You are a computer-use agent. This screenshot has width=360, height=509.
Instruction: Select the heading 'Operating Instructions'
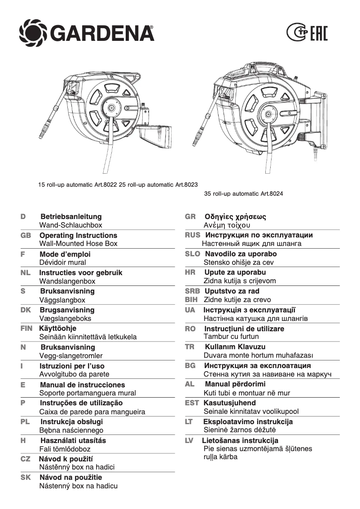click(x=78, y=235)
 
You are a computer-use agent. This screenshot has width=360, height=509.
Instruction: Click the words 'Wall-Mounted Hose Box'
click(x=78, y=243)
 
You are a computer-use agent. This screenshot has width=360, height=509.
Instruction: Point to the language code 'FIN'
click(x=26, y=328)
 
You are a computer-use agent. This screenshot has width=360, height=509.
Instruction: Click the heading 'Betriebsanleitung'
click(x=71, y=216)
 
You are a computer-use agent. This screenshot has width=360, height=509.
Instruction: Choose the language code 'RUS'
click(x=193, y=235)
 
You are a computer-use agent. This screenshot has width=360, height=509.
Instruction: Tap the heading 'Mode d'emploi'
click(x=65, y=254)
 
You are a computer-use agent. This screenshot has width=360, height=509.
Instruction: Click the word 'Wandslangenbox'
click(x=67, y=281)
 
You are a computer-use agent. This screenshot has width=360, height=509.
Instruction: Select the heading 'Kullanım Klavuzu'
click(x=235, y=347)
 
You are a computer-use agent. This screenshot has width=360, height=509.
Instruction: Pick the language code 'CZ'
click(x=26, y=459)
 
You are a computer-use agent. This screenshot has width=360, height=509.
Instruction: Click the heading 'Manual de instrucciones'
click(x=82, y=385)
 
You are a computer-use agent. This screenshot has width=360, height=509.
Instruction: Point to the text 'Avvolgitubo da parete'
click(x=74, y=374)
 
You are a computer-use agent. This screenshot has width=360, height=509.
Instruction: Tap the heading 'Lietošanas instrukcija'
click(x=240, y=440)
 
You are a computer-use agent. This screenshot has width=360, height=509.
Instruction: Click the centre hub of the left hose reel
click(x=110, y=108)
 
